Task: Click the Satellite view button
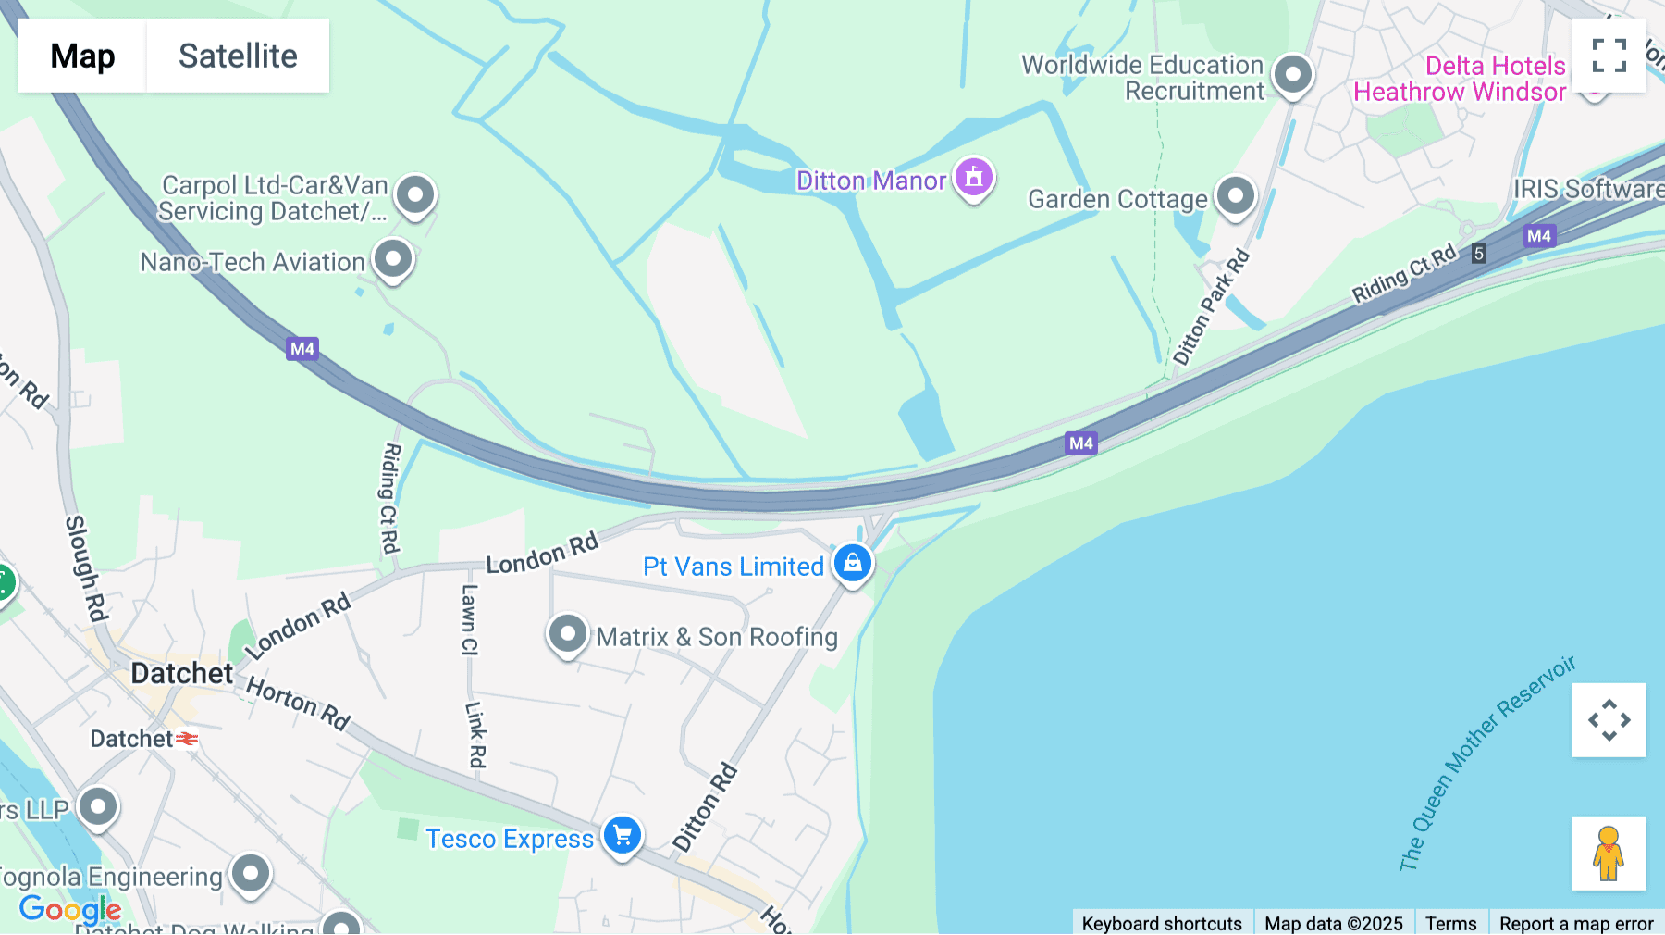(238, 56)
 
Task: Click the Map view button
(82, 56)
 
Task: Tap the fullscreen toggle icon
(1609, 56)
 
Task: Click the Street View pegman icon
(1609, 853)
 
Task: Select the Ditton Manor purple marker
(973, 176)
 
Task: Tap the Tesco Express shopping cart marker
(623, 835)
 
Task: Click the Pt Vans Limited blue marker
(852, 563)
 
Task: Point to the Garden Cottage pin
(1235, 196)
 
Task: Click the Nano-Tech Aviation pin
(393, 259)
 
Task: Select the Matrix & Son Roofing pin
(567, 634)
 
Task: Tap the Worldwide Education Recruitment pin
(1292, 74)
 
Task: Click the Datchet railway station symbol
(187, 739)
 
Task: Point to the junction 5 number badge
(1479, 254)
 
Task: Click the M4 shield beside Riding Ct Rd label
(1539, 236)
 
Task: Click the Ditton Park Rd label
(1211, 307)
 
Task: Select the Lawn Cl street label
(470, 619)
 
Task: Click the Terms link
(1450, 923)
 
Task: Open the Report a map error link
(1576, 923)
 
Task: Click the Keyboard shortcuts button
(1162, 923)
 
